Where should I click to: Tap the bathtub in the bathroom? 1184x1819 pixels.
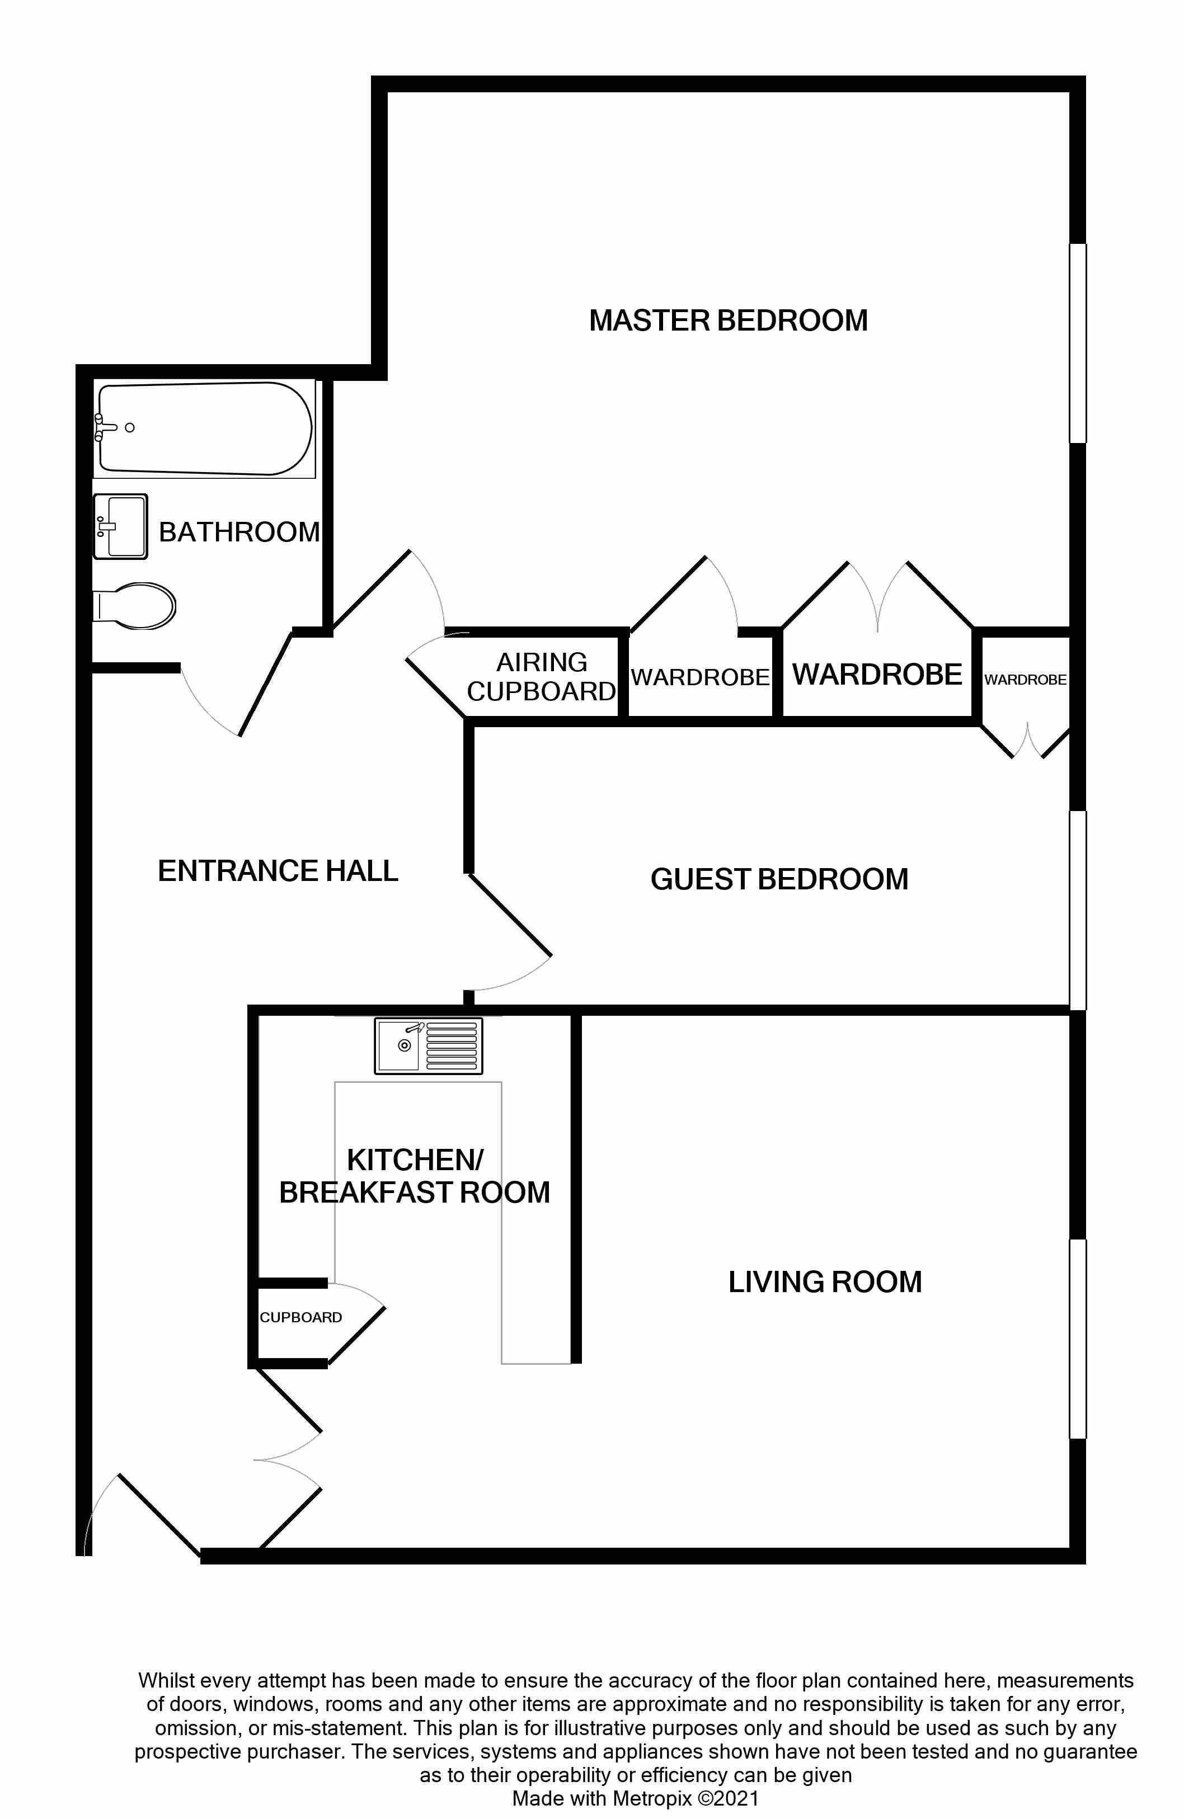[x=205, y=429]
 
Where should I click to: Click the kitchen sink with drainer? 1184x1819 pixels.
[x=428, y=1045]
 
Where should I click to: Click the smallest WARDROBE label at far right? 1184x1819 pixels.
[x=1025, y=680]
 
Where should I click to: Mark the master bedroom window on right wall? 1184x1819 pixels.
[x=1078, y=343]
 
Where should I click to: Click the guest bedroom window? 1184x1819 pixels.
[x=1078, y=910]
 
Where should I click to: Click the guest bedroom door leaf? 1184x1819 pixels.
[x=510, y=915]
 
